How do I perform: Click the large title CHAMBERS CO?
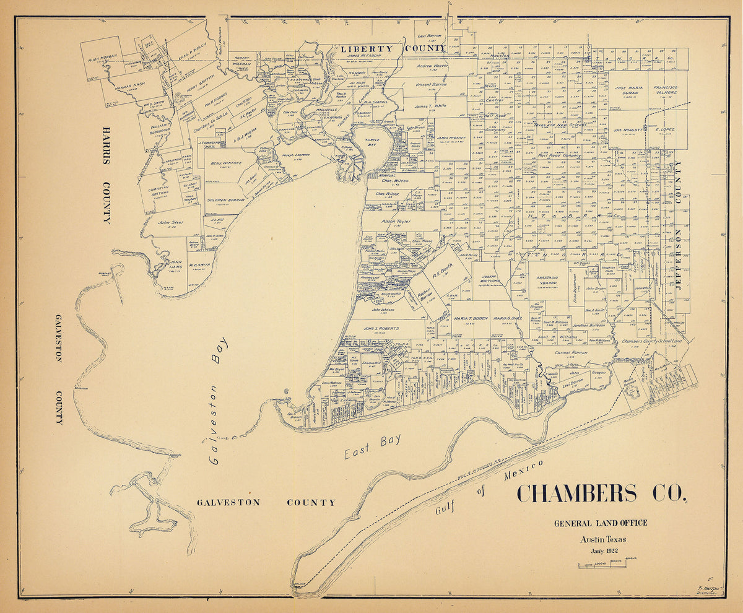click(x=601, y=494)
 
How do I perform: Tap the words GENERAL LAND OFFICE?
click(x=601, y=523)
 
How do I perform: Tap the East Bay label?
click(x=372, y=446)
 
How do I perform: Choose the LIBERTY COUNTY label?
click(x=392, y=48)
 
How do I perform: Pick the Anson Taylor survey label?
click(x=396, y=221)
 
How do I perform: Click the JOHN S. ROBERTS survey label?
click(x=381, y=328)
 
